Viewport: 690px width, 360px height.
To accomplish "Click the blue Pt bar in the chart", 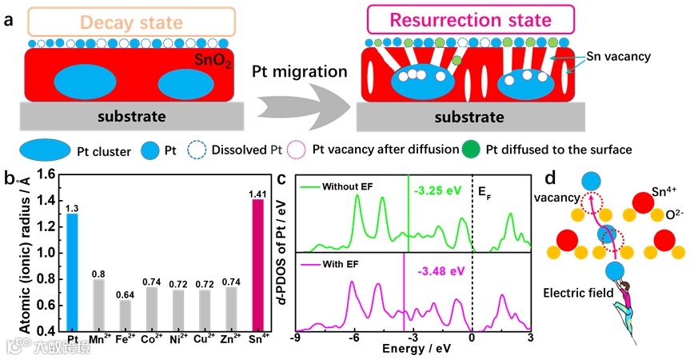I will [x=74, y=272].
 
